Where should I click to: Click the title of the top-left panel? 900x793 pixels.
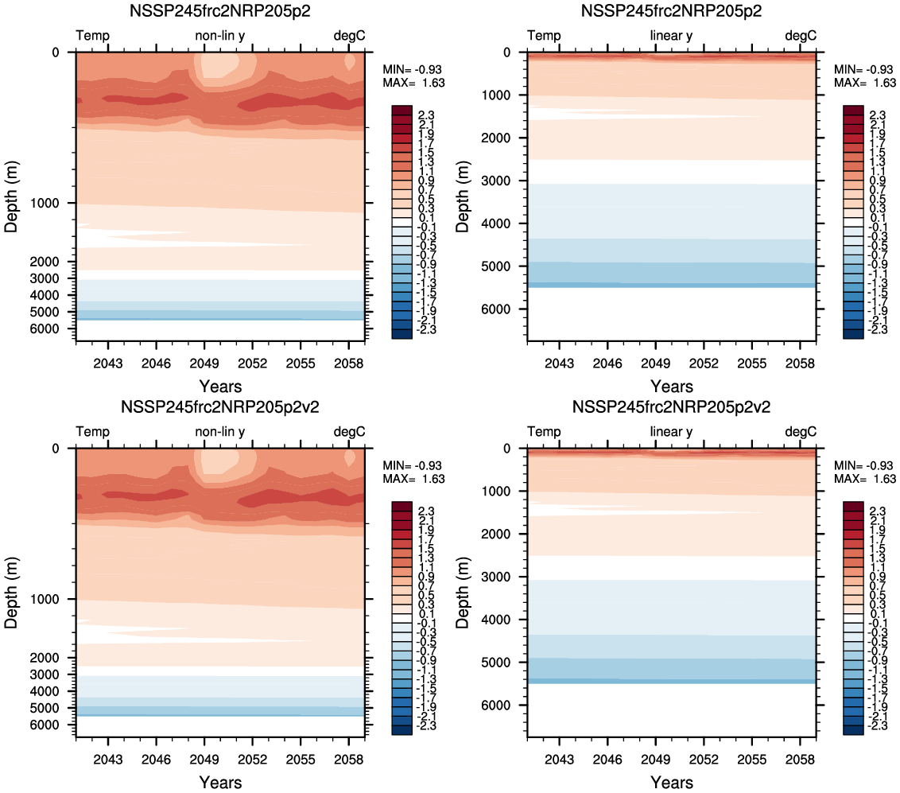point(219,12)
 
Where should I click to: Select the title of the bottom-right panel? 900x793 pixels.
point(671,407)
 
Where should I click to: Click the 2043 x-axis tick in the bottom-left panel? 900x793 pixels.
point(107,758)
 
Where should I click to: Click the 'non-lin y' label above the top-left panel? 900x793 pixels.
point(220,36)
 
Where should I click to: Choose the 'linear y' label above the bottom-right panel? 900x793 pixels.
point(671,431)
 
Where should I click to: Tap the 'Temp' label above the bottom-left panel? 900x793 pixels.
point(93,431)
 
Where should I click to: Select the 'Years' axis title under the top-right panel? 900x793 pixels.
point(671,387)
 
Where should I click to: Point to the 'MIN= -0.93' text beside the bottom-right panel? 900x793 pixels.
point(866,465)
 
